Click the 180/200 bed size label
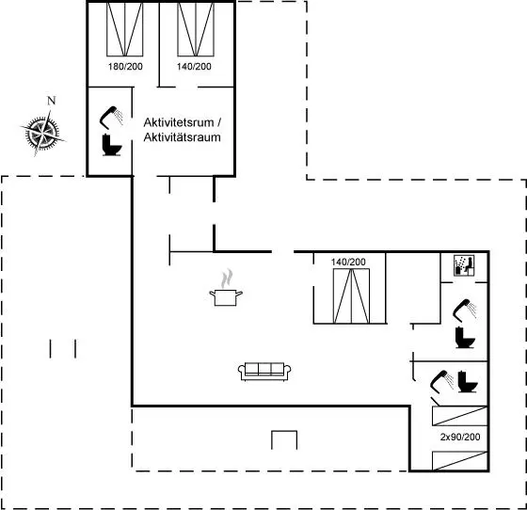(x=125, y=67)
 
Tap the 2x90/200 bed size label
(x=460, y=437)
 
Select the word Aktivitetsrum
(x=179, y=122)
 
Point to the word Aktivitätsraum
(x=183, y=137)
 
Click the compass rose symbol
(x=42, y=133)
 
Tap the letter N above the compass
(x=52, y=101)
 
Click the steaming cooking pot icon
(x=226, y=288)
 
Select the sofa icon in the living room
(x=264, y=372)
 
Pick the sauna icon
(x=464, y=265)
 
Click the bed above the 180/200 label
(x=124, y=29)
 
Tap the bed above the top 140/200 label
(x=196, y=29)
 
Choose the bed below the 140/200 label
(x=351, y=296)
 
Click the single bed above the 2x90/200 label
(x=460, y=416)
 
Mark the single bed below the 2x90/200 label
(x=460, y=461)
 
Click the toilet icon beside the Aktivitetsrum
(x=112, y=145)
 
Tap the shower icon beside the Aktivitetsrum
(x=111, y=118)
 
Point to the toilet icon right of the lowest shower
(x=468, y=381)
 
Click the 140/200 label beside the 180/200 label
(x=194, y=67)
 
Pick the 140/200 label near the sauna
(x=348, y=262)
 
